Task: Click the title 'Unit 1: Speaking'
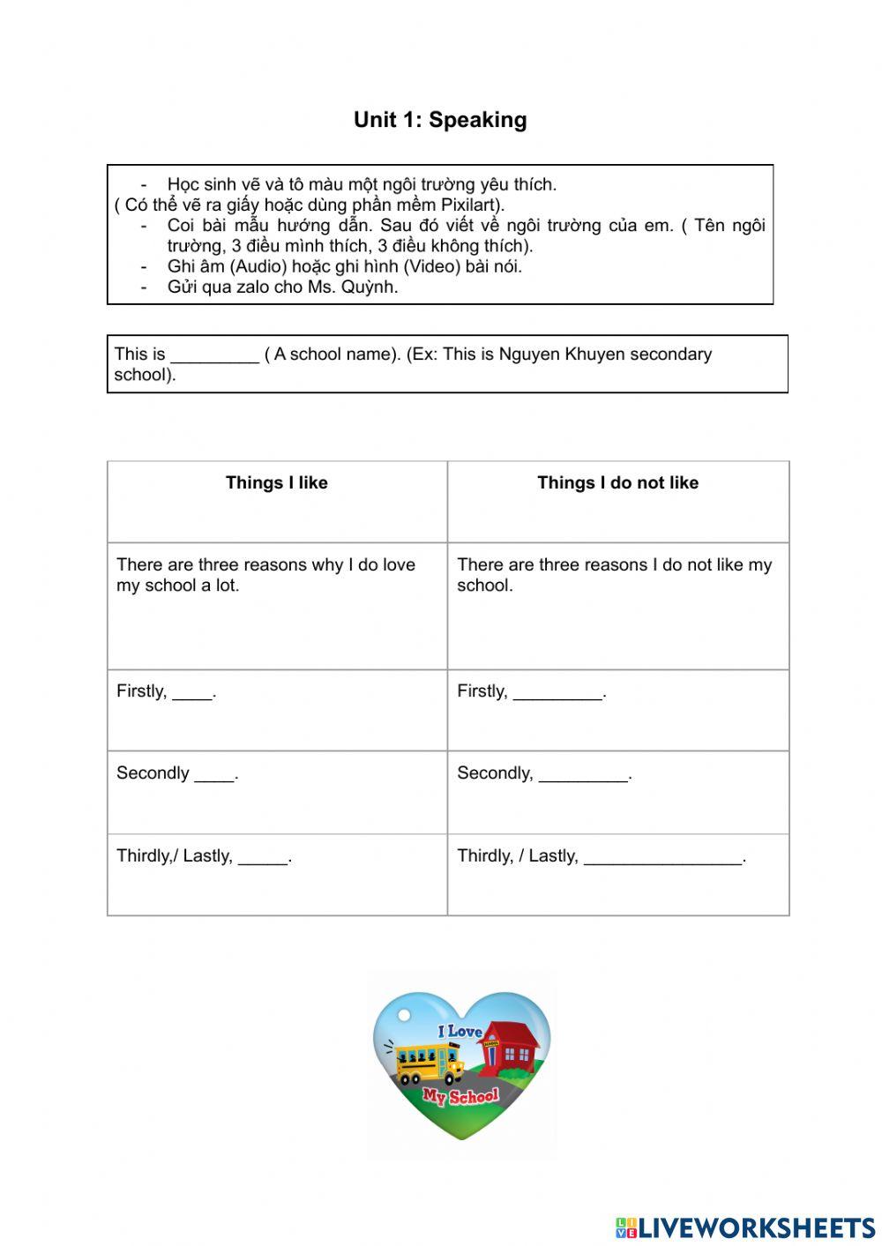click(x=440, y=120)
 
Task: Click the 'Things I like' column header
click(x=276, y=482)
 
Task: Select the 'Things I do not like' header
click(x=617, y=482)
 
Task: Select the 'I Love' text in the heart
click(x=460, y=1031)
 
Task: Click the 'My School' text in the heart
click(x=460, y=1097)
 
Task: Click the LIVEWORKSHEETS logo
click(x=745, y=1227)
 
